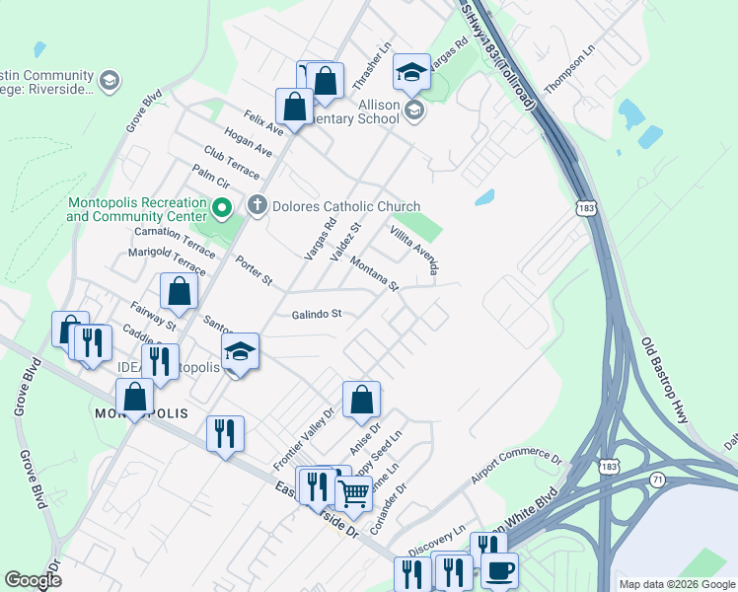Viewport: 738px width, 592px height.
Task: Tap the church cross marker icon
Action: click(x=258, y=206)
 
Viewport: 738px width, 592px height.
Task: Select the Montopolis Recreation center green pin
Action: click(x=222, y=209)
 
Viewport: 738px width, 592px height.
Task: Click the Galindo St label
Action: click(x=316, y=315)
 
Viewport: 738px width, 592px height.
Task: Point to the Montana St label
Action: click(x=374, y=272)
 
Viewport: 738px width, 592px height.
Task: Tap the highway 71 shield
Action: click(x=657, y=479)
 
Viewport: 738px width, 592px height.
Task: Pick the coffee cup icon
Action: click(x=500, y=569)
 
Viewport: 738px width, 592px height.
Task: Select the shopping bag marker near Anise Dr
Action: click(x=362, y=399)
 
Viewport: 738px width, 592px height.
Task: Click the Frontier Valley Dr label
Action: click(x=304, y=437)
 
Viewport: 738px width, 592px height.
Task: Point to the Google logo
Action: click(x=34, y=580)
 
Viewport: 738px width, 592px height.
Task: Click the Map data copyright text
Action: click(x=676, y=584)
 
